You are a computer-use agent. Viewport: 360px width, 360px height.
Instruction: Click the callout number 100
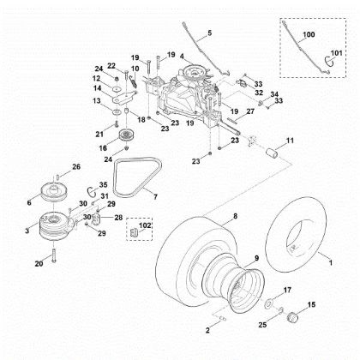pyautogui.click(x=309, y=34)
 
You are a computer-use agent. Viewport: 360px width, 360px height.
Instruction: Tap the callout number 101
pyautogui.click(x=336, y=53)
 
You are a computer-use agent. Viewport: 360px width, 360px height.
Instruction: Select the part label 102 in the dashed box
pyautogui.click(x=145, y=225)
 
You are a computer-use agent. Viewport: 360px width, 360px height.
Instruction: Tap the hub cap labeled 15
pyautogui.click(x=292, y=317)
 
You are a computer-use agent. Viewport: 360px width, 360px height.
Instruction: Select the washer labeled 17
pyautogui.click(x=269, y=303)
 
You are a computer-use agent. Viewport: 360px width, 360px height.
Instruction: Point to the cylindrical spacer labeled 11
pyautogui.click(x=273, y=153)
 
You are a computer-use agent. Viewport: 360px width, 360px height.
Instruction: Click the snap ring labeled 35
pyautogui.click(x=91, y=191)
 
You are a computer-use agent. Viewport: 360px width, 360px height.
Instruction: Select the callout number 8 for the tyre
pyautogui.click(x=235, y=216)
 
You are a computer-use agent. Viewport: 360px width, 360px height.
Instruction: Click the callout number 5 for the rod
pyautogui.click(x=210, y=33)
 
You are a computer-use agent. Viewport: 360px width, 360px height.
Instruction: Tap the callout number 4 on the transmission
pyautogui.click(x=182, y=57)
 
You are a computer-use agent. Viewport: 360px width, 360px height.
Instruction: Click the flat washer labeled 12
pyautogui.click(x=116, y=89)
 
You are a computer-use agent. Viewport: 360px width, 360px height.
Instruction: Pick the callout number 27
pyautogui.click(x=250, y=111)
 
